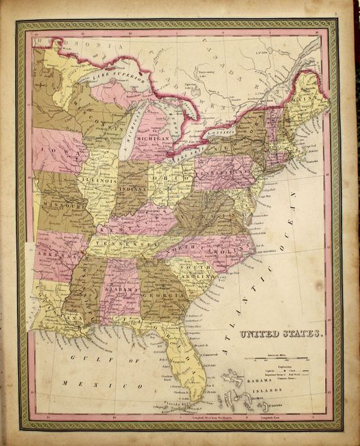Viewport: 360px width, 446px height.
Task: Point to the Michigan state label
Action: tap(153, 138)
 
